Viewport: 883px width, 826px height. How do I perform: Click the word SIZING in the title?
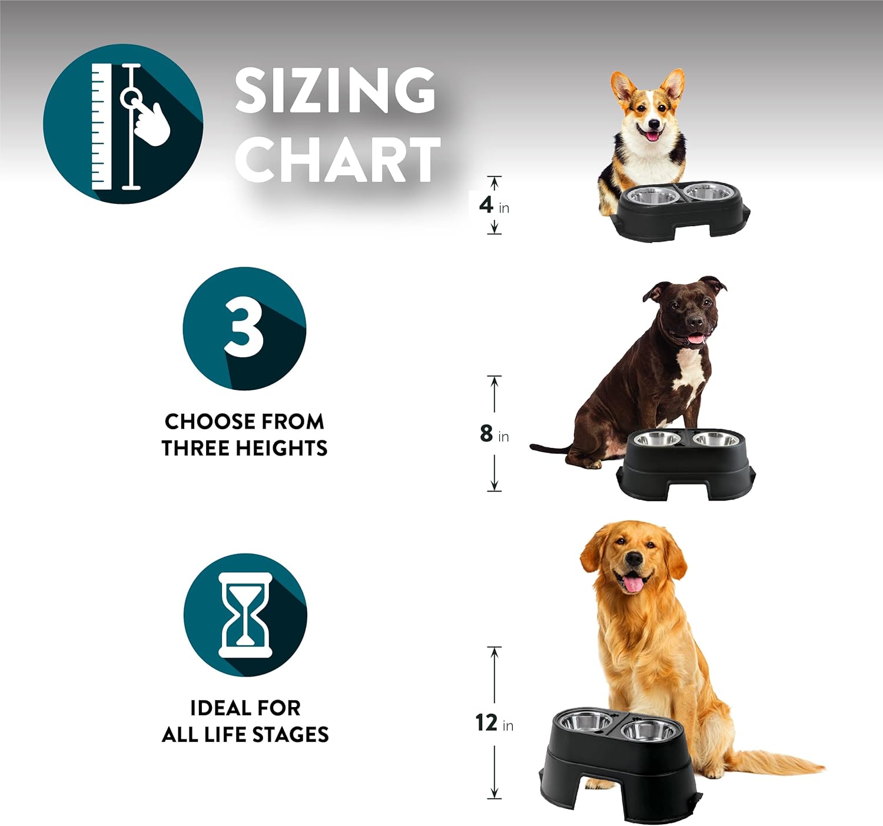point(335,91)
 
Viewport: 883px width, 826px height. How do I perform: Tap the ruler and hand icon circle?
point(123,124)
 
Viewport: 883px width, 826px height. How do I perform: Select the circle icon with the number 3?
point(244,329)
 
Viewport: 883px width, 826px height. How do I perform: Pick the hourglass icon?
point(245,615)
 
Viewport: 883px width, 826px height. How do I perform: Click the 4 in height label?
point(494,205)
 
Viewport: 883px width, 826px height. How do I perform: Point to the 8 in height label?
point(494,433)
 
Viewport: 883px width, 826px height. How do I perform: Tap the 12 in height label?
point(494,723)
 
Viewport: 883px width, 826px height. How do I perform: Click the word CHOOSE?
point(208,422)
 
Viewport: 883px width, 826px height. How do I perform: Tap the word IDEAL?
point(218,708)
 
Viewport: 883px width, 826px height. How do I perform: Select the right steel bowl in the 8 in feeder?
point(716,438)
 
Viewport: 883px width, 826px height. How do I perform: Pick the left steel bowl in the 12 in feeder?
point(584,721)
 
